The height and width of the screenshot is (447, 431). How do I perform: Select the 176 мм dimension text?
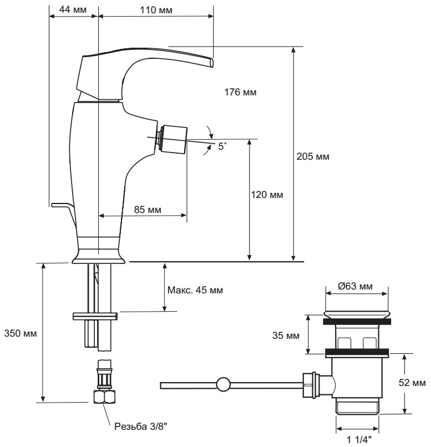(x=241, y=93)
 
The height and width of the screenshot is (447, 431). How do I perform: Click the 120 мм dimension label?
(x=267, y=195)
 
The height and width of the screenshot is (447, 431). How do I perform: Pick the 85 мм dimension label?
(x=148, y=210)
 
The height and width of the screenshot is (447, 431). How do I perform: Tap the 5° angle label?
(x=222, y=147)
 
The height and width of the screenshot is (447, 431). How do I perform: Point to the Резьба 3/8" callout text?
(x=140, y=426)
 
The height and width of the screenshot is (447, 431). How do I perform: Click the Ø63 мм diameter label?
(x=356, y=287)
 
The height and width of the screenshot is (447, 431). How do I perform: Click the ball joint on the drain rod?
(x=224, y=384)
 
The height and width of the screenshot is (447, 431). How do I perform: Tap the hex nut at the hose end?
(x=104, y=395)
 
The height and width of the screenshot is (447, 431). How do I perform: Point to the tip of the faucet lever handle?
(x=211, y=63)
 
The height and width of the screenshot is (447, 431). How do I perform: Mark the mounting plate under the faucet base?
(x=95, y=316)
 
